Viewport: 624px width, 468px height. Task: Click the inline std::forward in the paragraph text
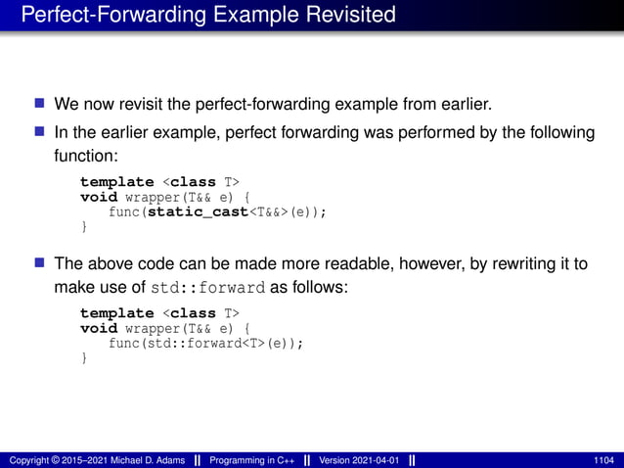(208, 288)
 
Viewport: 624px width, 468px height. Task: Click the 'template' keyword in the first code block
(116, 182)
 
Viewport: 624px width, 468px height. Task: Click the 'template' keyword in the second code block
(116, 313)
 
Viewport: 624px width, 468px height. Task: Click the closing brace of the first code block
(84, 227)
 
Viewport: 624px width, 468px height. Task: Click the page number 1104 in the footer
(603, 460)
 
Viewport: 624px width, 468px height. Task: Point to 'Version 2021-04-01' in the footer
(360, 460)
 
